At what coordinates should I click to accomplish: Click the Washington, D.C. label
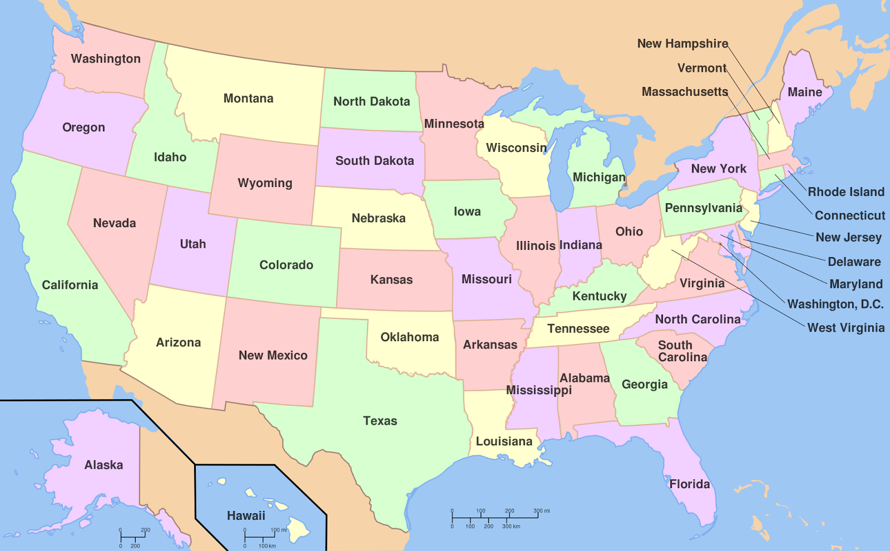[835, 304]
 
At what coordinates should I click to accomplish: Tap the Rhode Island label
[845, 192]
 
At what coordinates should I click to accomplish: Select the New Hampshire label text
[683, 43]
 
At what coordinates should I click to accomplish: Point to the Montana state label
[248, 99]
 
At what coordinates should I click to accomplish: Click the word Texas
[380, 421]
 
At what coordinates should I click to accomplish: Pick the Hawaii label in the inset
[246, 516]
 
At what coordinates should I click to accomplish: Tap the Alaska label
[103, 465]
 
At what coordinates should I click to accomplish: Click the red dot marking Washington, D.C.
[720, 244]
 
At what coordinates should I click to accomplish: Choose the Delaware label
[854, 262]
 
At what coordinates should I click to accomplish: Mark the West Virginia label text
[845, 328]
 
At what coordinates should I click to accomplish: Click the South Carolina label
[682, 351]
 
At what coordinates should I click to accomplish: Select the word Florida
[689, 484]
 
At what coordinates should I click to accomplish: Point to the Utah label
[192, 244]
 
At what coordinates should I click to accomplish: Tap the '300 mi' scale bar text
[541, 511]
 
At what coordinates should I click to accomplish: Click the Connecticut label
[849, 215]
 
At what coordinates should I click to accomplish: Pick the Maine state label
[804, 92]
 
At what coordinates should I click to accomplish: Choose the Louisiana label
[504, 441]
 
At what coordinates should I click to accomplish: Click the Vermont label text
[701, 68]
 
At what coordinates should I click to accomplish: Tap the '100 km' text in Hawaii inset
[267, 546]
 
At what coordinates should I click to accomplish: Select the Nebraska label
[378, 218]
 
